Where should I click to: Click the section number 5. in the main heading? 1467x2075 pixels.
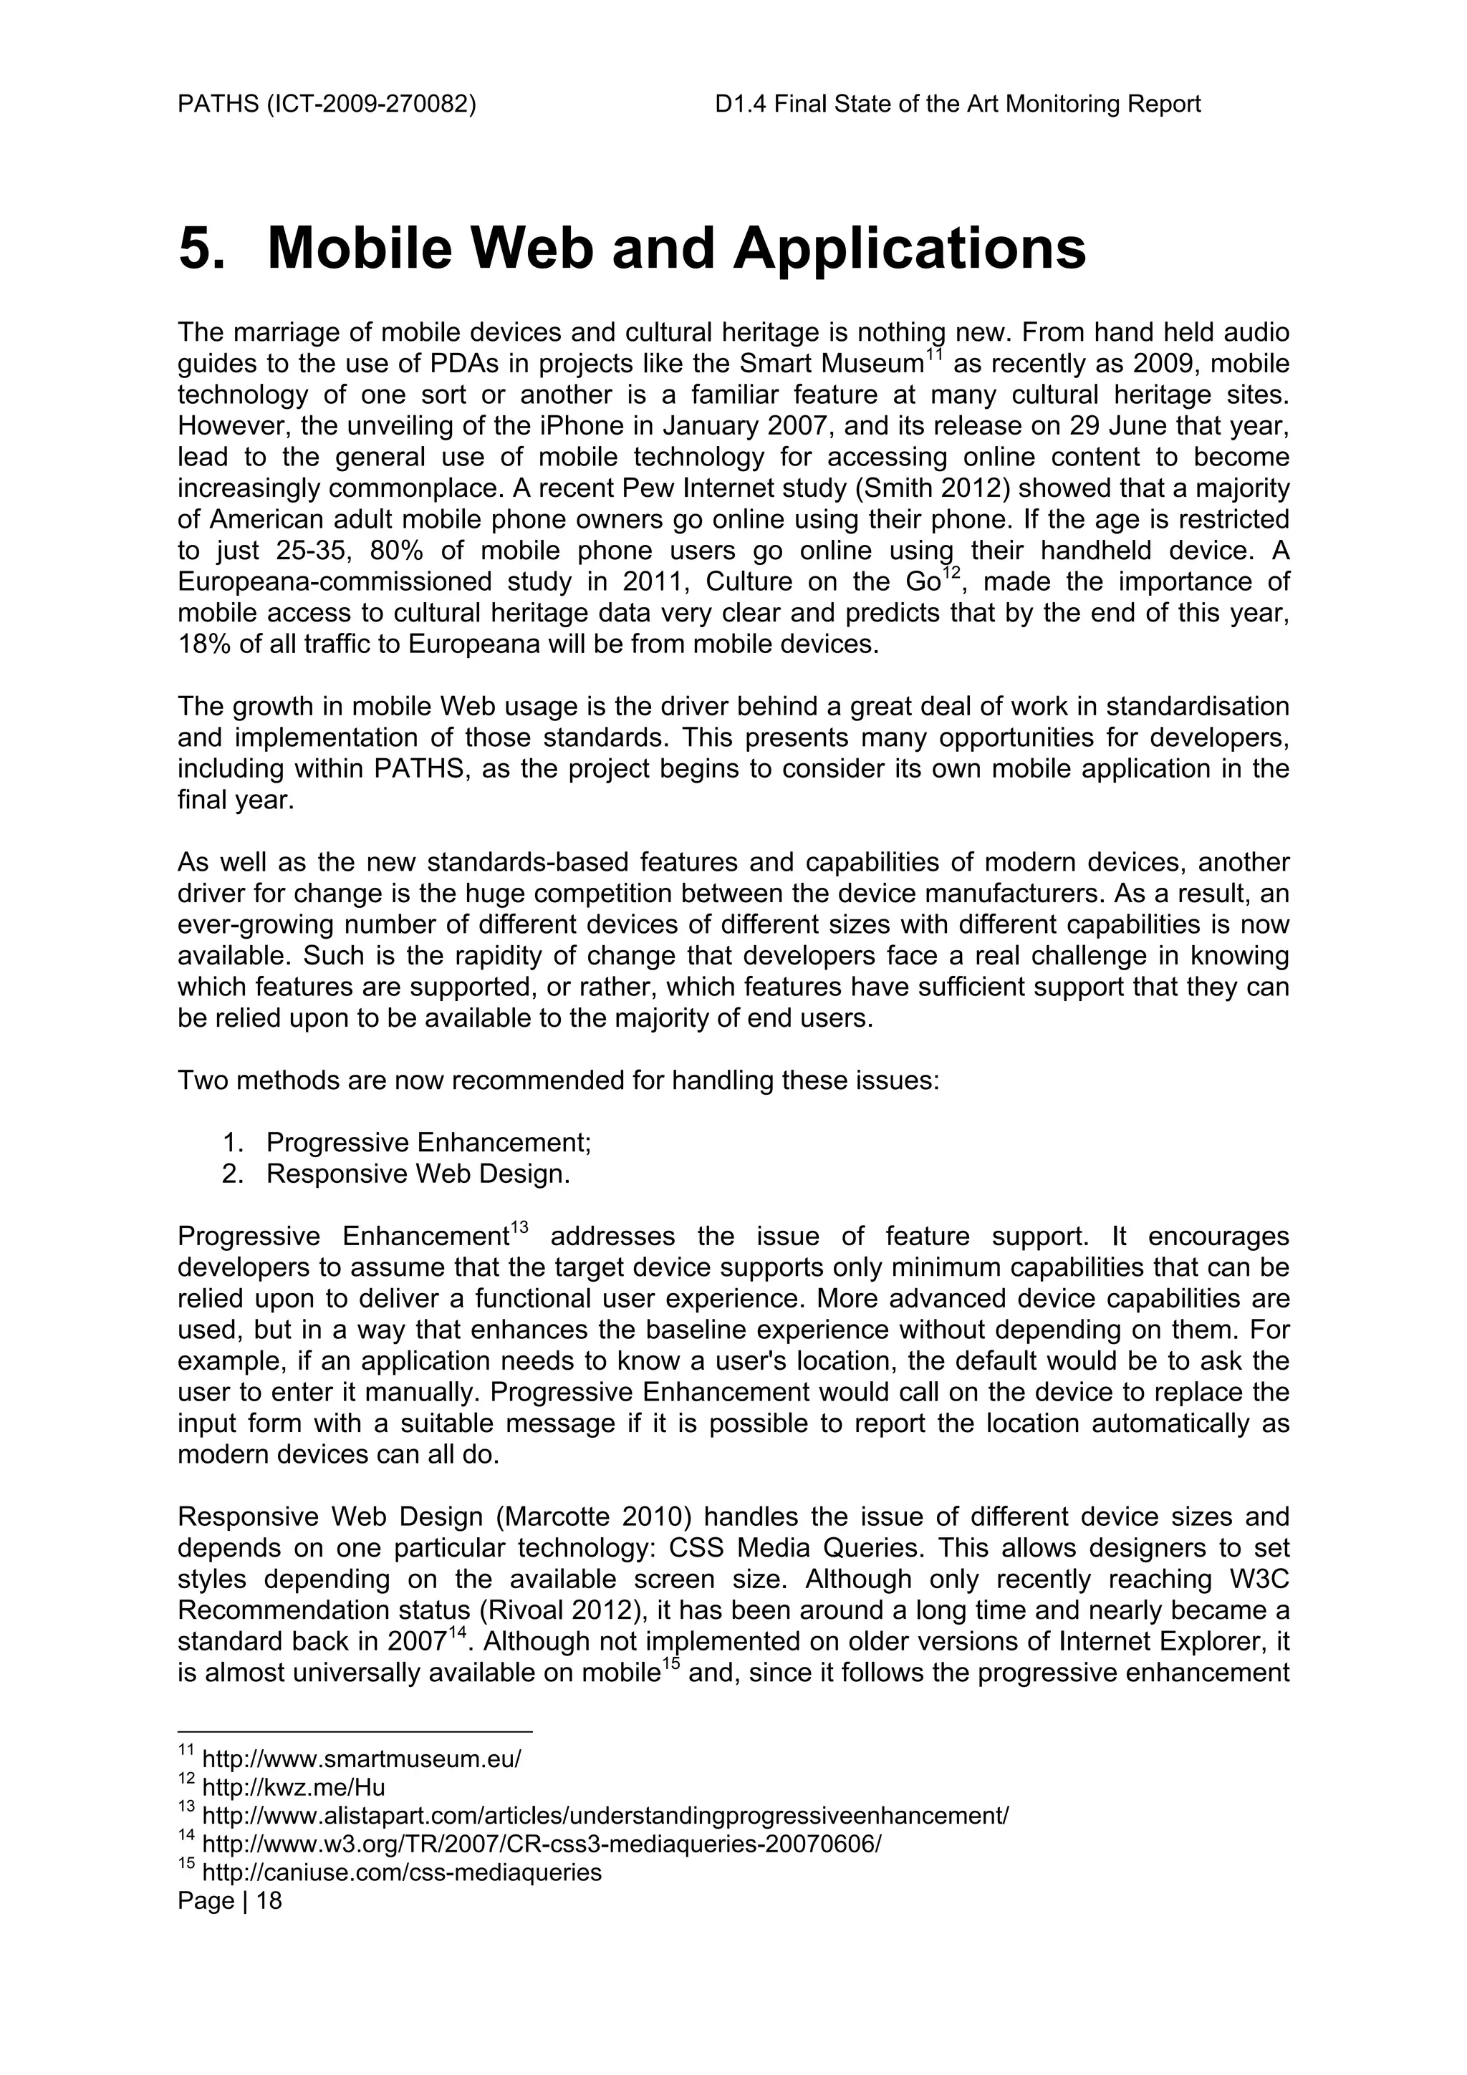201,248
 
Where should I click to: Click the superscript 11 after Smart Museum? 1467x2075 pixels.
934,356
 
